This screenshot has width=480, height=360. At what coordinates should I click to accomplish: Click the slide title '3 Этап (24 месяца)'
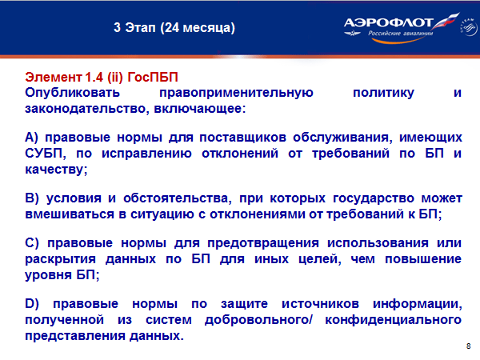[174, 28]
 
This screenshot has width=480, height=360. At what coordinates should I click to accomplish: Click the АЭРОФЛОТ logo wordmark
[389, 22]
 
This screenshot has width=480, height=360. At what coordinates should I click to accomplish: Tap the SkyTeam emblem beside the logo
[468, 27]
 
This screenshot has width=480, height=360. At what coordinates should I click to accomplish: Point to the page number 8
[468, 346]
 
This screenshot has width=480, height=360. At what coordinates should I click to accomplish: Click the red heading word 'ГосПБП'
[153, 77]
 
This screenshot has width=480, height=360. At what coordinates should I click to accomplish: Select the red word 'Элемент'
[54, 77]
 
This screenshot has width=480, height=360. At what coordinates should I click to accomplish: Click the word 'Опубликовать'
[72, 93]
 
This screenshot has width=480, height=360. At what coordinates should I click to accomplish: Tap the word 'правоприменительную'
[236, 93]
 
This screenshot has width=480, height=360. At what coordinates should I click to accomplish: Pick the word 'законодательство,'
[87, 109]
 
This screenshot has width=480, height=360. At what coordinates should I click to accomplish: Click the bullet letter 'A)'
[31, 138]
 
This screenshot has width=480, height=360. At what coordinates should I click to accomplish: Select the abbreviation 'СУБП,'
[46, 154]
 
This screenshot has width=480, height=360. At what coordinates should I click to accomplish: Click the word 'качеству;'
[56, 170]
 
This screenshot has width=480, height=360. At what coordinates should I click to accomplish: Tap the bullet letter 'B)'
[32, 198]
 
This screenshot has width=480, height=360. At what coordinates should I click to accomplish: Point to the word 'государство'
[374, 198]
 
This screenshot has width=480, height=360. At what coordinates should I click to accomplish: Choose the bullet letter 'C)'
[32, 243]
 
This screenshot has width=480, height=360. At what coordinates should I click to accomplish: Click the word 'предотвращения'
[263, 243]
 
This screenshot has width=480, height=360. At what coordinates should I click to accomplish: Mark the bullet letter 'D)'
[32, 304]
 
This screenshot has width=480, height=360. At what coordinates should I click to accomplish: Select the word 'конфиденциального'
[393, 320]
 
